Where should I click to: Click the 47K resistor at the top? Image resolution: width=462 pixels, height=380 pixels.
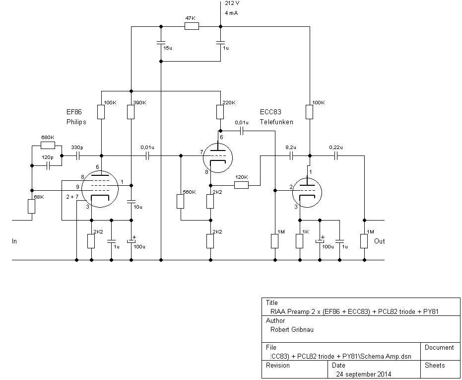coord(192,26)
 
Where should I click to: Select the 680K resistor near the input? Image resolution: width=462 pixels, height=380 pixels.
coord(48,146)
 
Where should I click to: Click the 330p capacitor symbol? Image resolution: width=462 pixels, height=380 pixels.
coord(78,155)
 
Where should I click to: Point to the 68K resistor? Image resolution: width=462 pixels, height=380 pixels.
coord(31,206)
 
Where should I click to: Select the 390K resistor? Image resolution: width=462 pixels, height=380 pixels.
coord(131,112)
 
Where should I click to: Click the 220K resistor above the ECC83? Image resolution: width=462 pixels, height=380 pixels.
coord(220,112)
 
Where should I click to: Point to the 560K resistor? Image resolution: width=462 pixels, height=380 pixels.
coord(181,202)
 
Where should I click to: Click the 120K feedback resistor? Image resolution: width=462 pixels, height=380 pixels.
coord(241,185)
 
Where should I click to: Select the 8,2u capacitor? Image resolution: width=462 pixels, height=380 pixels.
coord(291,155)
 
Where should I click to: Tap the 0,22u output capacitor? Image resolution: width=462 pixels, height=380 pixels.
coord(336,155)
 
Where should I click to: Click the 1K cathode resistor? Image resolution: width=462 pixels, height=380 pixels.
coord(299,241)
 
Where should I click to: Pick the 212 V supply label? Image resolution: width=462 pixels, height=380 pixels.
coord(232,3)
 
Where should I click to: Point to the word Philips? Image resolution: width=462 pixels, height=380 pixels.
coord(76,122)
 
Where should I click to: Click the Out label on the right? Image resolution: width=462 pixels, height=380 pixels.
coord(379,241)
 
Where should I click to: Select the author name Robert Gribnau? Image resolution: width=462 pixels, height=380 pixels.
coord(291,329)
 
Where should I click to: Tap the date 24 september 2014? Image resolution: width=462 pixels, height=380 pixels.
coord(363,374)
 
